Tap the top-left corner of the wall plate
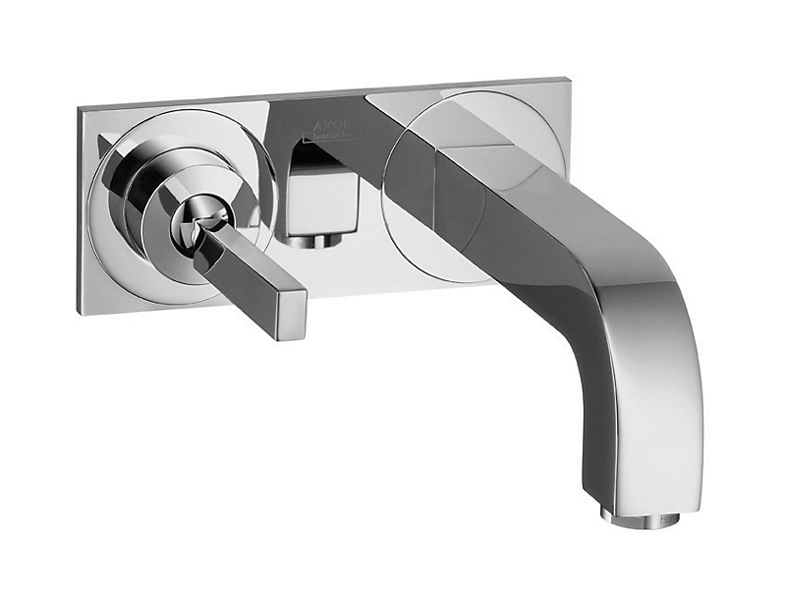pyautogui.click(x=82, y=109)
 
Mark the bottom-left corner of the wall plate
pyautogui.click(x=79, y=313)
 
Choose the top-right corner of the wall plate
pyautogui.click(x=567, y=78)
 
